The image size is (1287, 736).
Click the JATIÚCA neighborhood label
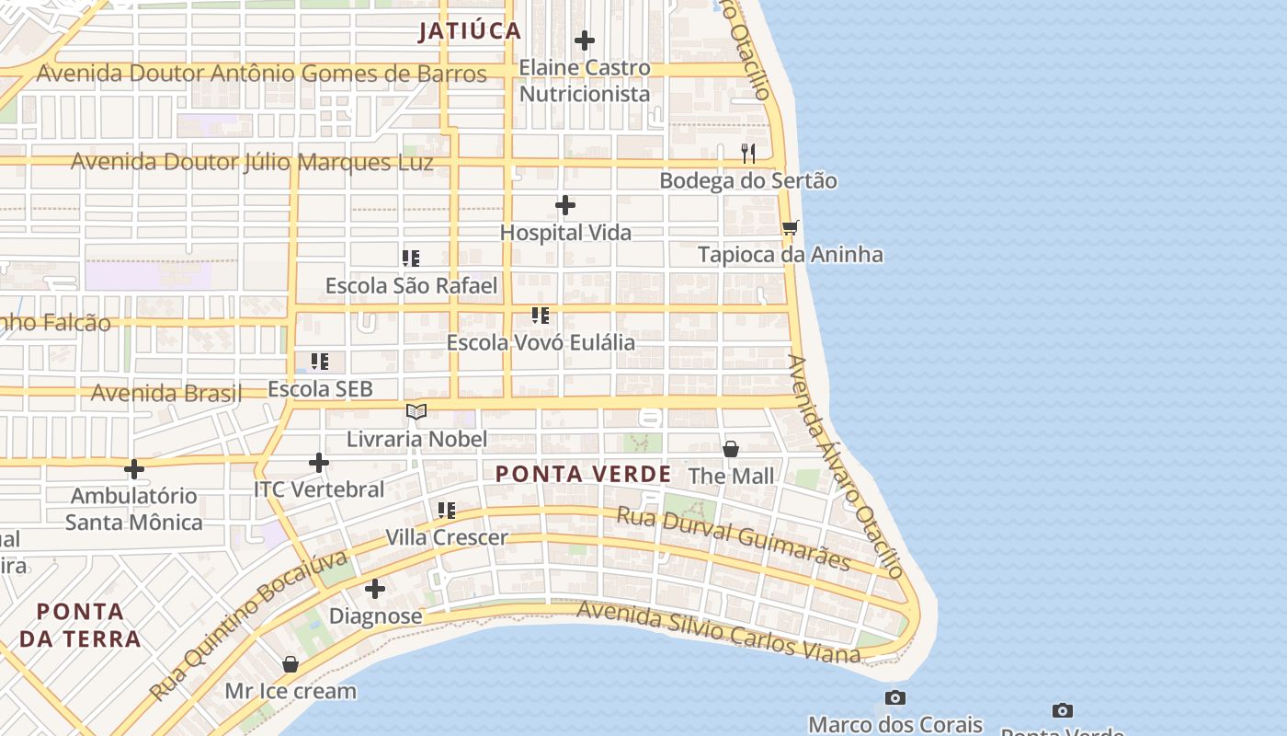[470, 31]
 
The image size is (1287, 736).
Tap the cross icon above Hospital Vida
[565, 205]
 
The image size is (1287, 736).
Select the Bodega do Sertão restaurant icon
[748, 153]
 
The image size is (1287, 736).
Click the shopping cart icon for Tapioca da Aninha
[790, 227]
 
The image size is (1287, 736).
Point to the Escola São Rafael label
[411, 286]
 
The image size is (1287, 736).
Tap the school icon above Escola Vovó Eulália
[541, 316]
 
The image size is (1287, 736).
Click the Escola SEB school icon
[319, 362]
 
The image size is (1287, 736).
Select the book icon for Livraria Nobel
[416, 411]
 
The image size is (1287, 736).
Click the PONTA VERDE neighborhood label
[583, 475]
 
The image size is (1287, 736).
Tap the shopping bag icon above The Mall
[731, 449]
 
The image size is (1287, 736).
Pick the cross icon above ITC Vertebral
[319, 462]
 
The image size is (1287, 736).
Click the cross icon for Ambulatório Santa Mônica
[134, 469]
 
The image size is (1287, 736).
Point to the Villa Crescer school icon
[447, 510]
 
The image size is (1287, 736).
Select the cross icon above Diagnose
[375, 588]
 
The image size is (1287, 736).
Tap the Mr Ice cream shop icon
[290, 663]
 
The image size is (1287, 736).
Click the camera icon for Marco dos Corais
[895, 697]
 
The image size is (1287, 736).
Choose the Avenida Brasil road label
[165, 394]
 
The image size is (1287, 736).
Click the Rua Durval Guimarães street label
[733, 537]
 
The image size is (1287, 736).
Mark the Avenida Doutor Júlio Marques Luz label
[252, 163]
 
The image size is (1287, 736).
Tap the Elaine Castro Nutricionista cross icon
[584, 40]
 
